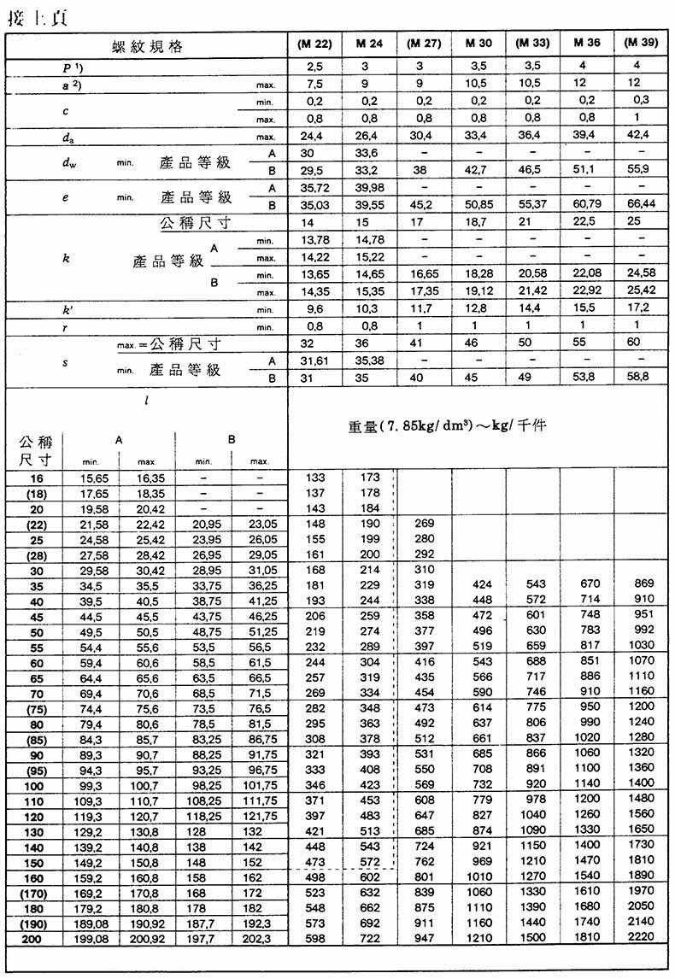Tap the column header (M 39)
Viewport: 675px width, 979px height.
point(641,44)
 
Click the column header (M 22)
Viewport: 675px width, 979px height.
point(314,44)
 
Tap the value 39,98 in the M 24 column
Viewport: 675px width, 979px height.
point(368,188)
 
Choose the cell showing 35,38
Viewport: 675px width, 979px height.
point(368,360)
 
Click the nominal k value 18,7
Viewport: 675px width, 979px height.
point(478,222)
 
